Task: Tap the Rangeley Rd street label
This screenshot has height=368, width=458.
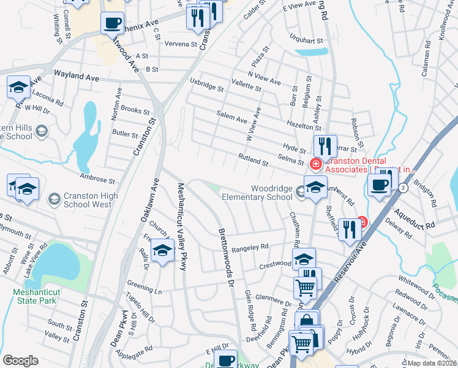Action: [x=251, y=247]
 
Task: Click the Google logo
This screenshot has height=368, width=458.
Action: [x=20, y=361]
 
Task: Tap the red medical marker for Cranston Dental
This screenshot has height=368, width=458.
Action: [x=315, y=164]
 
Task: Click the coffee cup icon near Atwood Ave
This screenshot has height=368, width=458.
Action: [x=112, y=23]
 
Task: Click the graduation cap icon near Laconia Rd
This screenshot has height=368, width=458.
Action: [x=19, y=87]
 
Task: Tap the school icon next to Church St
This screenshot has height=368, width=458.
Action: [x=162, y=251]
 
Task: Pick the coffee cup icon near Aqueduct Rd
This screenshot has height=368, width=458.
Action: [x=380, y=185]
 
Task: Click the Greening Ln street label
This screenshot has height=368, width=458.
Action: [x=144, y=285]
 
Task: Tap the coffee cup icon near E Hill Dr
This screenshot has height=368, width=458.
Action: [x=226, y=359]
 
